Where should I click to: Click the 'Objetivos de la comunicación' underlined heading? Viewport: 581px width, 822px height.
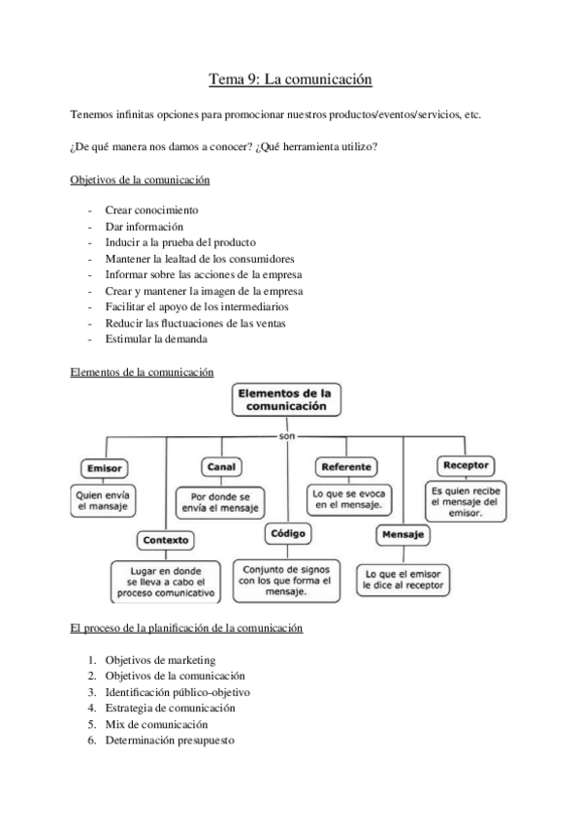coord(141,180)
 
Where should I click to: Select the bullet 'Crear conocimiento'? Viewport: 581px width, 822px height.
coord(151,209)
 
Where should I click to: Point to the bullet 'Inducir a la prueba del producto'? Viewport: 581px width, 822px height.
coord(180,242)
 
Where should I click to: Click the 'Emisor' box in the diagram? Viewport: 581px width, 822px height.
coord(104,468)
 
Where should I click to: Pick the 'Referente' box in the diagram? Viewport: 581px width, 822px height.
coord(346,467)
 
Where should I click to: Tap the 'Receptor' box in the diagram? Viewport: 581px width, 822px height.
coord(465,465)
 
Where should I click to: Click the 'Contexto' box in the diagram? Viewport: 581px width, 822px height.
coord(165,540)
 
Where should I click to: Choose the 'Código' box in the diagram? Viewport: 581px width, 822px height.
coord(287,532)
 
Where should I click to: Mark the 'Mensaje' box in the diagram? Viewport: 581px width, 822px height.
coord(402,535)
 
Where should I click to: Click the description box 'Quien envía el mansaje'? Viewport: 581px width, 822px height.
coord(103,499)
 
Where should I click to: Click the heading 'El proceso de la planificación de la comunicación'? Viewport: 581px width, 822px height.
coord(186,629)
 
